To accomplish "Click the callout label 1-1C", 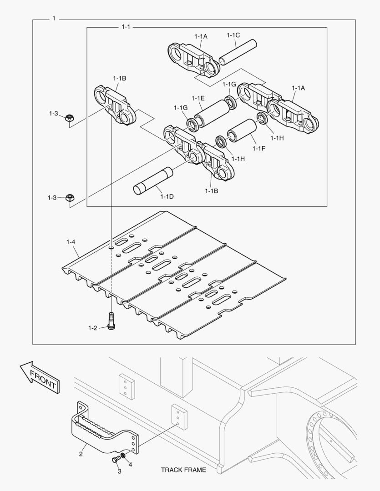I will point(233,35).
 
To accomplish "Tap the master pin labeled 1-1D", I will point(153,181).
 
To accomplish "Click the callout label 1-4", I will point(71,242).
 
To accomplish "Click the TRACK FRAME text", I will point(183,470).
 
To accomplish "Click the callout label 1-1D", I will point(167,196).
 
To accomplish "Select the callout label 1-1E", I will point(198,98).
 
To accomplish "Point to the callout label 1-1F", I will point(259,148).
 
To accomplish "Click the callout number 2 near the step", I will point(81,454).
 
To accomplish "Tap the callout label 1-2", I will point(93,327).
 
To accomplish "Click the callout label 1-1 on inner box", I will point(126,27).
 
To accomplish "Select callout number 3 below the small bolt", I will point(120,471).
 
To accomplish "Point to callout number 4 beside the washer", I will point(130,465).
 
